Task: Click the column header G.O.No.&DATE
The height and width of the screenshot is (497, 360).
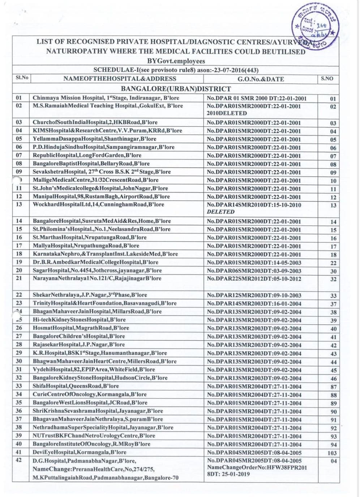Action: pyautogui.click(x=261, y=79)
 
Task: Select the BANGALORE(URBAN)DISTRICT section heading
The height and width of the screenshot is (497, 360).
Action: pyautogui.click(x=176, y=89)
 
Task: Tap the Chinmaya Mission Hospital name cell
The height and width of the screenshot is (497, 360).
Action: pyautogui.click(x=106, y=98)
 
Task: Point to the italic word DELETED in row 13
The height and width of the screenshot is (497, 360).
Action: pyautogui.click(x=220, y=212)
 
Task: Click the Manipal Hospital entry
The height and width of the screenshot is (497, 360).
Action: pyautogui.click(x=101, y=196)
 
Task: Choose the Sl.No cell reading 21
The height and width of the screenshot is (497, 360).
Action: pyautogui.click(x=19, y=278)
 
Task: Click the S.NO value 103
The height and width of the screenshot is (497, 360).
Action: pyautogui.click(x=332, y=453)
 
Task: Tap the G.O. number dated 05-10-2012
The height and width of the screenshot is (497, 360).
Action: pyautogui.click(x=254, y=279)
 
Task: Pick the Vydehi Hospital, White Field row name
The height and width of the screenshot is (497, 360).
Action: pyautogui.click(x=94, y=369)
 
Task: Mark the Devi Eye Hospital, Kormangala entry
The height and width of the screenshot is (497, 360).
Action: pyautogui.click(x=79, y=452)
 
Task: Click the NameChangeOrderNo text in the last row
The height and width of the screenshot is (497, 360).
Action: pyautogui.click(x=257, y=467)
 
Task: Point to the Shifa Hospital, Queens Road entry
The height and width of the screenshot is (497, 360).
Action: pyautogui.click(x=76, y=386)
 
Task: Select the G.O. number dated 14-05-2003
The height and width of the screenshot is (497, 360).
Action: pyautogui.click(x=254, y=263)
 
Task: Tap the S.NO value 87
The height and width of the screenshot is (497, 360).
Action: pyautogui.click(x=333, y=387)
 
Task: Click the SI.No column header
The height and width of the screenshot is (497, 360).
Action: pyautogui.click(x=22, y=78)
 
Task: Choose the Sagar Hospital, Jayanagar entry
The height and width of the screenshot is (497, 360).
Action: pyautogui.click(x=97, y=271)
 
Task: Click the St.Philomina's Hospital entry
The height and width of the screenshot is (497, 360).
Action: pyautogui.click(x=101, y=229)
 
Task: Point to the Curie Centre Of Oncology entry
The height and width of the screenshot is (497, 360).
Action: pyautogui.click(x=89, y=394)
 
